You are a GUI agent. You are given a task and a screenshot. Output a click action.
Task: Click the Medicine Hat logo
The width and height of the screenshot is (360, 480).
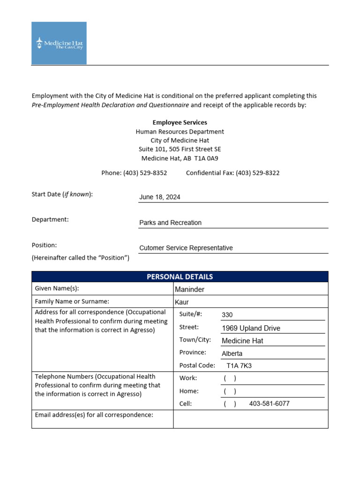point(59,43)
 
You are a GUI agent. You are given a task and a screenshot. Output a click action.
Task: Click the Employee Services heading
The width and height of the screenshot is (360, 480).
point(180,122)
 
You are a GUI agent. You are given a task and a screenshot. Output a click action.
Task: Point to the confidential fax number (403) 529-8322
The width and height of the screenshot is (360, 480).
point(257,173)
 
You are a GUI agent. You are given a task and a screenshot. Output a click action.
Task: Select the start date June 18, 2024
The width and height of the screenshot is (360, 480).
point(159,197)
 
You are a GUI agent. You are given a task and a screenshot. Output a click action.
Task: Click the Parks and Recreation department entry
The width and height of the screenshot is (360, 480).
point(170,223)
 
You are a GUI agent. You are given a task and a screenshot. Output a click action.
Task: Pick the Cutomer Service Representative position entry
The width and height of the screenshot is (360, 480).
point(186,248)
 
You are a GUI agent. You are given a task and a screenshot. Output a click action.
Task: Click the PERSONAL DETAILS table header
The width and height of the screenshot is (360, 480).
point(180,277)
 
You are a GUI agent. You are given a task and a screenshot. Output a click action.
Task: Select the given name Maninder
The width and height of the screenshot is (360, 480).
point(189,290)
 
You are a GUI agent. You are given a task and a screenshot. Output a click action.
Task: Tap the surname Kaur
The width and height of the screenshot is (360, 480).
point(182,302)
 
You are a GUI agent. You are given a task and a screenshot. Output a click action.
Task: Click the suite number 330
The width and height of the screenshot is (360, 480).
point(227,315)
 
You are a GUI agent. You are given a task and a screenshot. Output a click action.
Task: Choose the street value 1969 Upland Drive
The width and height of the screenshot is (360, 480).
point(251,328)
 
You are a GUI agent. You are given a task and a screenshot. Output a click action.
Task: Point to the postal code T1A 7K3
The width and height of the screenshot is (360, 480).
point(239,366)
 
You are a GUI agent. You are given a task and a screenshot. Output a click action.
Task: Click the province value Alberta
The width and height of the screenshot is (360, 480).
point(232,353)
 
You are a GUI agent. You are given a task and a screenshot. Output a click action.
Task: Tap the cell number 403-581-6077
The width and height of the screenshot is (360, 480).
point(269,404)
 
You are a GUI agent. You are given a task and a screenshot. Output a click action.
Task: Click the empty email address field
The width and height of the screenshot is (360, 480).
point(250,419)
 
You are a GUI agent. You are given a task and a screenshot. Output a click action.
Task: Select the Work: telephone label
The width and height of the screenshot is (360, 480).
point(188,378)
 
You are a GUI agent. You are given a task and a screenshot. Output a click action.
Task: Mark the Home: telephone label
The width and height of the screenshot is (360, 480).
point(189,391)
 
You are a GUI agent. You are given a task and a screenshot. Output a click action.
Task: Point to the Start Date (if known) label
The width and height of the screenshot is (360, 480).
point(62,195)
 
